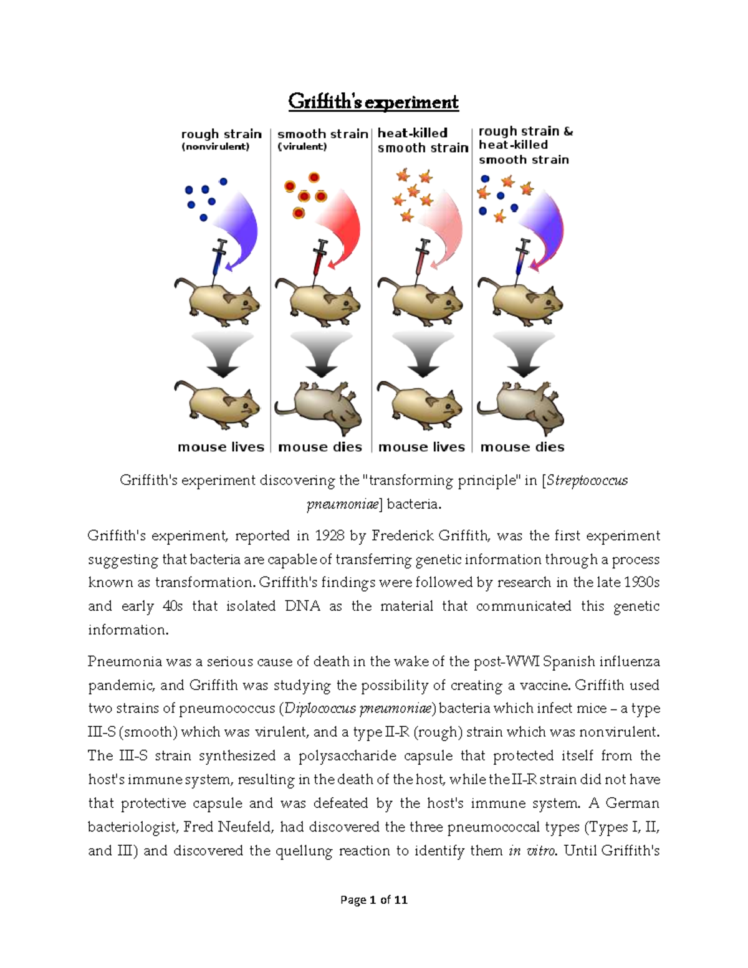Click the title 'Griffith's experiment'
(x=373, y=102)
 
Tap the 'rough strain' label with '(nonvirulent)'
(x=221, y=140)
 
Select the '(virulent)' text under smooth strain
(x=302, y=147)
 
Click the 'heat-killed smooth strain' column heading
(x=422, y=140)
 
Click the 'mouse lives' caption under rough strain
(x=221, y=447)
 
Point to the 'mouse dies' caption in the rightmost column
(x=522, y=447)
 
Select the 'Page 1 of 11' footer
(x=373, y=899)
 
